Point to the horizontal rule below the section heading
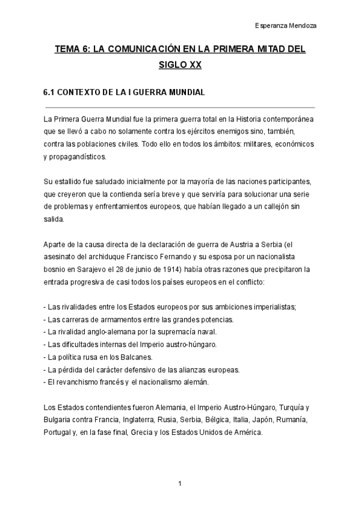tap(180, 106)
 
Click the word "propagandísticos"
tap(78, 156)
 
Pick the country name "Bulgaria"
tap(58, 420)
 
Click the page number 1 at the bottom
tap(180, 484)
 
